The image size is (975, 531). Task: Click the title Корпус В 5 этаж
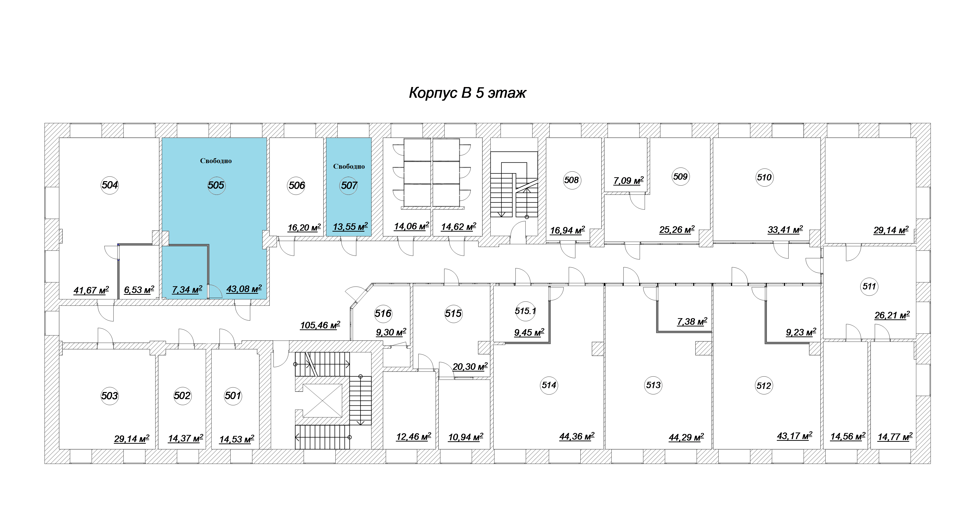tap(468, 93)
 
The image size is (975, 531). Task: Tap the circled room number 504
tap(110, 185)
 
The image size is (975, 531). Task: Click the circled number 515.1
tap(525, 311)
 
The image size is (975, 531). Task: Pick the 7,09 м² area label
tap(628, 180)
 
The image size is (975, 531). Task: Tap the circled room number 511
tap(869, 286)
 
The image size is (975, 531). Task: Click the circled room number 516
tap(383, 313)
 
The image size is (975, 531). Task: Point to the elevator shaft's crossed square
tap(322, 400)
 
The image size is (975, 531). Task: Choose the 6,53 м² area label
tap(139, 290)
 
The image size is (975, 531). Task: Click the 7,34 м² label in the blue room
tap(187, 290)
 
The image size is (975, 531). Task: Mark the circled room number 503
tap(110, 396)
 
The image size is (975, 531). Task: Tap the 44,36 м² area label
tap(577, 436)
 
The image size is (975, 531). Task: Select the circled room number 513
tap(653, 385)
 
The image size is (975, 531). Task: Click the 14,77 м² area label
tap(895, 437)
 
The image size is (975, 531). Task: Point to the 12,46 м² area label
tap(414, 437)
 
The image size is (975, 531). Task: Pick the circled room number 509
tap(681, 177)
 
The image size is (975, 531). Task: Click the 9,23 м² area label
tap(801, 332)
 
